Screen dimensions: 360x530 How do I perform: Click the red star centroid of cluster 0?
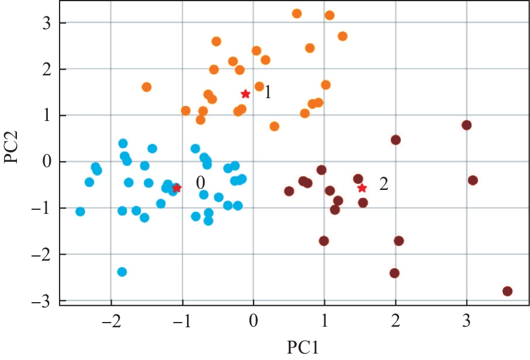point(176,188)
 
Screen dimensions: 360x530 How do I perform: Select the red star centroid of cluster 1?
point(245,94)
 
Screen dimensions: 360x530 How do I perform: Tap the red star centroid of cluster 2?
point(362,188)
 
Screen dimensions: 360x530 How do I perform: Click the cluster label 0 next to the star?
point(200,181)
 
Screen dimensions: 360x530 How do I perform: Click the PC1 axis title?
point(303,347)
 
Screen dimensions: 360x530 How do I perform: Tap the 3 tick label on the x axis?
point(466,321)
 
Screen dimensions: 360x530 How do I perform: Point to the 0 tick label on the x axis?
point(254,321)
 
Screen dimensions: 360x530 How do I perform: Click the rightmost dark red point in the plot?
point(507,291)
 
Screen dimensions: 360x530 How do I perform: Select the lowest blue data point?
point(122,272)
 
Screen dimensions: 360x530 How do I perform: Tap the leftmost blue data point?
point(80,212)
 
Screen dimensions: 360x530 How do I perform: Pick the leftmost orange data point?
point(147,87)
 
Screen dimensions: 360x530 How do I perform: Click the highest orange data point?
point(297,13)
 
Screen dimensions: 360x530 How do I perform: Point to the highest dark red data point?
point(466,125)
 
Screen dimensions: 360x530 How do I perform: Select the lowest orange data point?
point(275,126)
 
